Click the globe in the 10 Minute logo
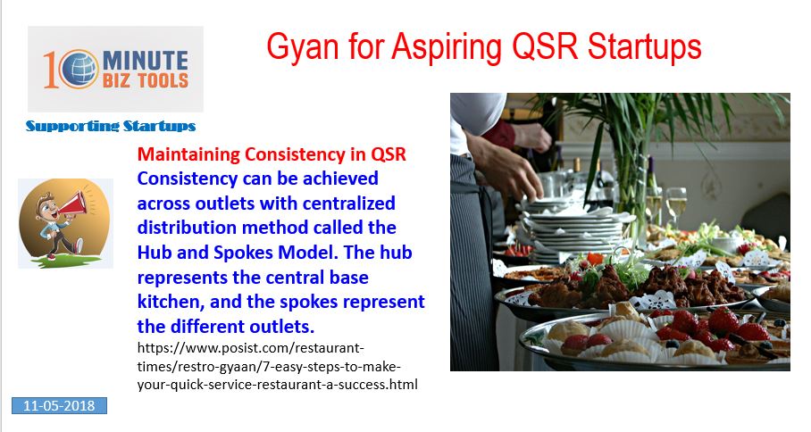point(79,70)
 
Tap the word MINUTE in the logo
point(146,61)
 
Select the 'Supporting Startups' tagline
point(111,126)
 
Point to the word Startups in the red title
point(645,47)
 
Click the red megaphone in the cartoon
point(71,204)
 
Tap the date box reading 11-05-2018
point(60,405)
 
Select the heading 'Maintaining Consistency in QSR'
point(272,154)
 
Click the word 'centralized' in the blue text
point(348,204)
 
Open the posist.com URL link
point(277,366)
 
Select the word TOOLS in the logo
point(163,81)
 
